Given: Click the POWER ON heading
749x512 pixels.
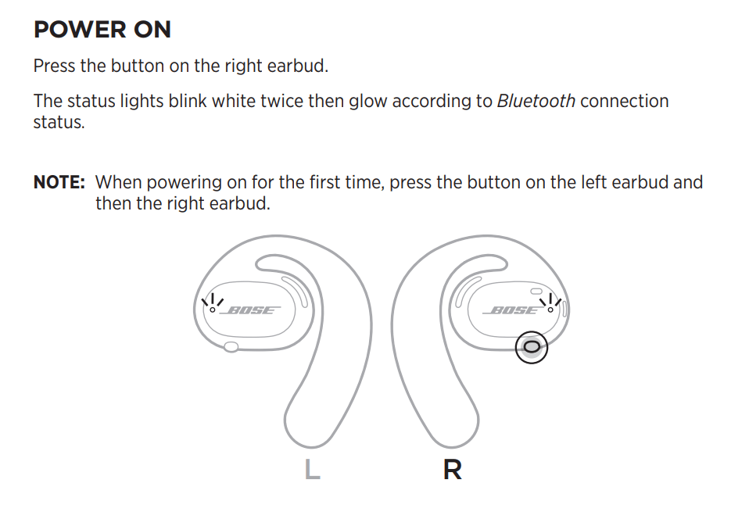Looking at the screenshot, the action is (x=102, y=30).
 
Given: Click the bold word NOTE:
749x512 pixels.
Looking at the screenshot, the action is (x=59, y=182).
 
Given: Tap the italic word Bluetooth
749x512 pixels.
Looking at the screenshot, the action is (x=536, y=102).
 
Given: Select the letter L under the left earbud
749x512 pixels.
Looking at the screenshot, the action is (x=313, y=469).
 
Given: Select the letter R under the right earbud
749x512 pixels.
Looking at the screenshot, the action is (x=453, y=470).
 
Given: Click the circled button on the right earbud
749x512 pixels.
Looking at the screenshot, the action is (x=532, y=347).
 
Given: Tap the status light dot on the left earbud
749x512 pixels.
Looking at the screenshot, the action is (x=213, y=310).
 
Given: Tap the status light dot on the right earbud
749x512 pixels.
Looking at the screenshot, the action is (x=550, y=310).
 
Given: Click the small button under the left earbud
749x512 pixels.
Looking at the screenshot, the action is (x=231, y=347).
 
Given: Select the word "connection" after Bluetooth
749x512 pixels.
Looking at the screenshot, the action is (x=625, y=102).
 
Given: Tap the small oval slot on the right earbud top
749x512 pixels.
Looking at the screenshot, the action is (x=536, y=292).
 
